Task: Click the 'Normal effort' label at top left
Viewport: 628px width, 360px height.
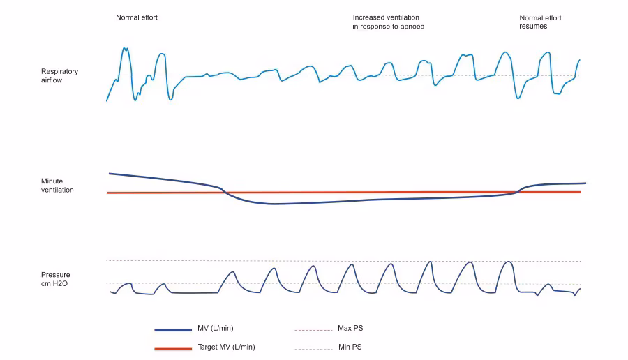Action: pos(137,17)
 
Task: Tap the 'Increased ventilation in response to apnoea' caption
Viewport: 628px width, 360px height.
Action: pos(389,22)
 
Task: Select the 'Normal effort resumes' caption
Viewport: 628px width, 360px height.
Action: pos(540,22)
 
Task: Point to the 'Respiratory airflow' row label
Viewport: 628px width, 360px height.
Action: pos(59,76)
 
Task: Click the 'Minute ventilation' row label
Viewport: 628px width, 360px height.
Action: pos(57,186)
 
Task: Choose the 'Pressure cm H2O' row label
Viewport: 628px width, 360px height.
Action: pos(56,279)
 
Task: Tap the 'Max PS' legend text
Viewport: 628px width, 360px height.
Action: pos(349,329)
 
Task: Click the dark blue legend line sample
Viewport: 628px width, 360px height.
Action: pos(172,329)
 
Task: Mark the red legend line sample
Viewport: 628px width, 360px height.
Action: pos(172,347)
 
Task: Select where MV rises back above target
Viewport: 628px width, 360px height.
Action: pos(518,191)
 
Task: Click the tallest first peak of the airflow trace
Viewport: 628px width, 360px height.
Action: pos(126,48)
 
